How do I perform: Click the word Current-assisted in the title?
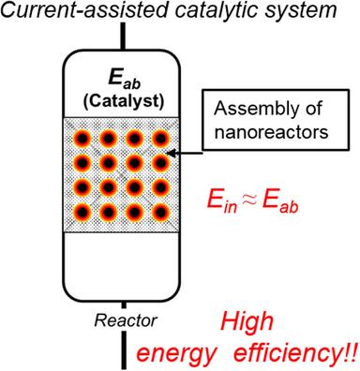71,11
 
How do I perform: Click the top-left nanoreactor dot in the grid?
83,137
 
